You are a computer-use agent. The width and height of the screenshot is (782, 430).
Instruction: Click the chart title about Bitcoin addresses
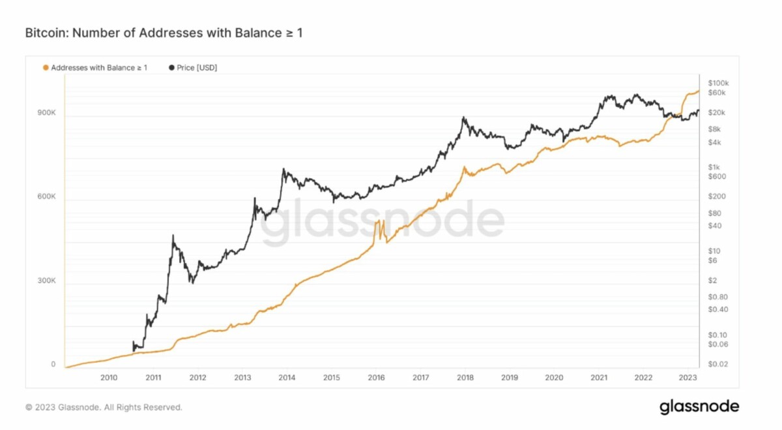[163, 32]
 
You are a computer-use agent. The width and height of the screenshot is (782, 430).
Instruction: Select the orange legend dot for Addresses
[45, 67]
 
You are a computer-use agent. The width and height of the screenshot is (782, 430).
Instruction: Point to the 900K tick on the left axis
[46, 114]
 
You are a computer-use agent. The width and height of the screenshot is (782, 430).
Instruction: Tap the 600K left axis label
[46, 198]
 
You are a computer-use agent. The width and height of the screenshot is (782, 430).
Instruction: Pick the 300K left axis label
[46, 281]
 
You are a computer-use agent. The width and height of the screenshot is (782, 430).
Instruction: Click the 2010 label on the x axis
[109, 377]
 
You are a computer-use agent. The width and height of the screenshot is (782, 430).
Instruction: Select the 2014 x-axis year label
[287, 377]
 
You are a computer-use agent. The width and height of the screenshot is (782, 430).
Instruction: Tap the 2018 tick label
[465, 377]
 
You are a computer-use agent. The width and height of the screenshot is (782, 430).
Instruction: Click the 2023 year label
[687, 377]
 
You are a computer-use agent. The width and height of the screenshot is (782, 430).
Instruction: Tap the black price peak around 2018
[463, 118]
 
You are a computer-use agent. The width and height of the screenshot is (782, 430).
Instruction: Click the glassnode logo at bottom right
[699, 407]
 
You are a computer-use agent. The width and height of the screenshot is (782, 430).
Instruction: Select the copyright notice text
[104, 407]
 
